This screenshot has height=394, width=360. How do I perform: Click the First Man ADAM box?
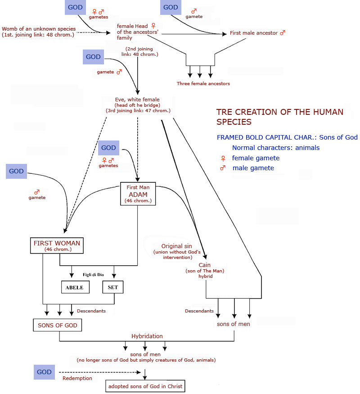click(138, 194)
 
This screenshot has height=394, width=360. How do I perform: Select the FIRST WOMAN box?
click(57, 245)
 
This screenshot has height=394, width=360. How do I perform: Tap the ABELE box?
click(75, 287)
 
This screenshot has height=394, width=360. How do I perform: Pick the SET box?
click(112, 287)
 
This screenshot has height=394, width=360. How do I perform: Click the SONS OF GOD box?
click(57, 325)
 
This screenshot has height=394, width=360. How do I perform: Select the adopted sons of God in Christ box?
click(146, 386)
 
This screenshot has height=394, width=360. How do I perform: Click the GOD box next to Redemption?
click(44, 372)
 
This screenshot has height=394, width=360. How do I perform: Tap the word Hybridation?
click(147, 336)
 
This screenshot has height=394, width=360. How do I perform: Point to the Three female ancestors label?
click(203, 83)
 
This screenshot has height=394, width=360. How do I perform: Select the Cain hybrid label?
click(205, 271)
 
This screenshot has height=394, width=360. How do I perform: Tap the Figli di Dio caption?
click(93, 274)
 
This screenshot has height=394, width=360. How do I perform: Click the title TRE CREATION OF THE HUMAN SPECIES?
click(279, 117)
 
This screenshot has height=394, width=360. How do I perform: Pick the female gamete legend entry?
click(255, 158)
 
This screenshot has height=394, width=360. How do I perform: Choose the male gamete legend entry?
click(253, 168)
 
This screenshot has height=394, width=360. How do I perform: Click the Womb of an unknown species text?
click(38, 32)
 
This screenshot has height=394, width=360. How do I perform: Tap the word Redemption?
click(77, 378)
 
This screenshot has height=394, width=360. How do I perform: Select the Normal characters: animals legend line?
click(276, 147)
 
